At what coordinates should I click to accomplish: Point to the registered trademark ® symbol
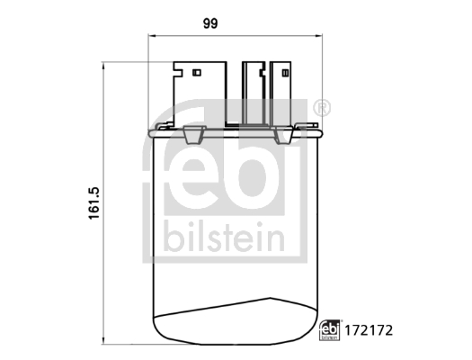tap(323, 109)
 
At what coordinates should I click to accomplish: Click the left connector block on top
tap(197, 94)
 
